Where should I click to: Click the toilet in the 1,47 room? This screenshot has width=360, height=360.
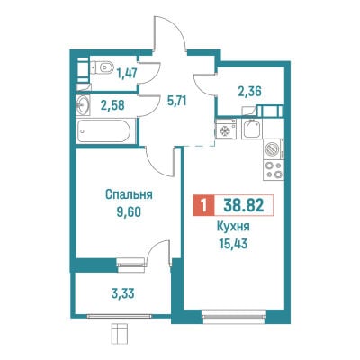102,67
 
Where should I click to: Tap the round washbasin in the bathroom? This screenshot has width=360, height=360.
83,104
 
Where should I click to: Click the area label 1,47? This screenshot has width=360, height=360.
126,73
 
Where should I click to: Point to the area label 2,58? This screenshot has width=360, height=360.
112,105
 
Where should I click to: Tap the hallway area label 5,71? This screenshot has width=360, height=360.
177,101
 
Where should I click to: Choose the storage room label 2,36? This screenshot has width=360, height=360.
250,92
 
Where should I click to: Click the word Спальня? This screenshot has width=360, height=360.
129,194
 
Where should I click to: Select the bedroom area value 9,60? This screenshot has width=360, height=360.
129,212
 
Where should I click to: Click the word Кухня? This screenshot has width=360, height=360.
233,227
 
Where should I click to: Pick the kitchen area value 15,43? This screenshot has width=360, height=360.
233,244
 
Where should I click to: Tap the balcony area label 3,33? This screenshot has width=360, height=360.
122,293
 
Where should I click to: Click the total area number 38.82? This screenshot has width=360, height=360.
244,205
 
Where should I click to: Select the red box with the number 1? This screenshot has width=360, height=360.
203,205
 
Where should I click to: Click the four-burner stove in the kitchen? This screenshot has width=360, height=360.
274,169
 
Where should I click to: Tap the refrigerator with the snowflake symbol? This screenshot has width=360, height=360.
226,129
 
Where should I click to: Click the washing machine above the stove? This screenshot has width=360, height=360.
274,148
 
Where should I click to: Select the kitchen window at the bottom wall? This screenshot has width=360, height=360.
234,317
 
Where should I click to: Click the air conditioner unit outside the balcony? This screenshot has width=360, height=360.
120,331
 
